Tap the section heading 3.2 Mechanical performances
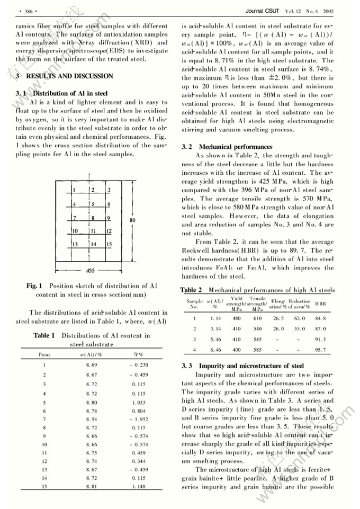(227, 147)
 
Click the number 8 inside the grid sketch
(92, 218)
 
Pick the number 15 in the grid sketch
(108, 244)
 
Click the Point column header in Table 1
(44, 354)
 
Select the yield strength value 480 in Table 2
(237, 318)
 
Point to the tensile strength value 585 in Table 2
(258, 350)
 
